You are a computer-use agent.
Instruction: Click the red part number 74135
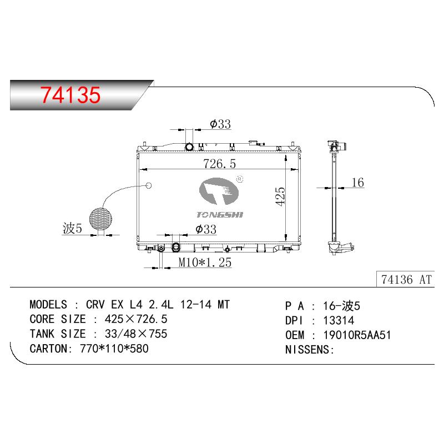[70, 94]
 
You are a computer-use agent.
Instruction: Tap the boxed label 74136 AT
[406, 280]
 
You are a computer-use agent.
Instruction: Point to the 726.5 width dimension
[219, 164]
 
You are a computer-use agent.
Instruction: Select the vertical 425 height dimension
[280, 196]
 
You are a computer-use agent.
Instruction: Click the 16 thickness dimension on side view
[357, 183]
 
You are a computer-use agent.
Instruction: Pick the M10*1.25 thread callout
[205, 262]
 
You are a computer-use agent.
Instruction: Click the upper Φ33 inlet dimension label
[220, 124]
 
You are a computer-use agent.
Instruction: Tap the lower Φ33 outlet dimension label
[206, 229]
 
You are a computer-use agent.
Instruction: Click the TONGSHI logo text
[220, 215]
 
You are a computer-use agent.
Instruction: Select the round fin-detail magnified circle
[100, 219]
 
